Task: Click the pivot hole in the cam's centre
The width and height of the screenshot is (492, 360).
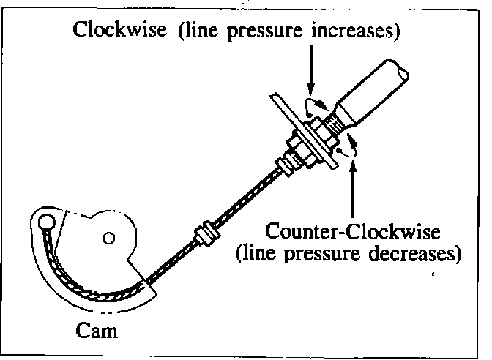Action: pos(108,237)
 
